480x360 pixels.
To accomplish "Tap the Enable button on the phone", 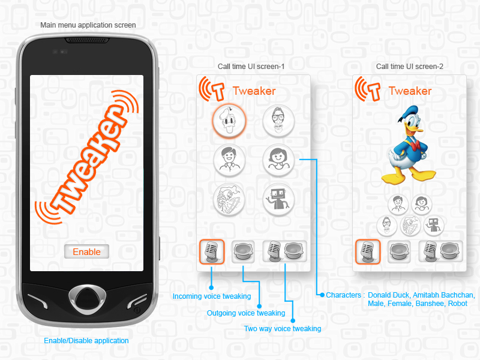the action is [x=86, y=251].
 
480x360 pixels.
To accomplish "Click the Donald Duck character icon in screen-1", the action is [x=229, y=121].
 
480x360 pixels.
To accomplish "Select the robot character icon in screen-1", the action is [x=278, y=200].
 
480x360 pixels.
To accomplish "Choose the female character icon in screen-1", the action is [x=278, y=160].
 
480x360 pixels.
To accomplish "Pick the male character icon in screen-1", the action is [x=229, y=160].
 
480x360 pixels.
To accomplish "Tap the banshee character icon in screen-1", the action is [x=229, y=200].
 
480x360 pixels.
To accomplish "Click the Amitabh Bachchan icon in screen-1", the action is [x=278, y=121].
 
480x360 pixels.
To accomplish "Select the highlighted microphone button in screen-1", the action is [x=212, y=251].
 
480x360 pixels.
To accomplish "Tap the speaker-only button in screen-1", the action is [x=243, y=251].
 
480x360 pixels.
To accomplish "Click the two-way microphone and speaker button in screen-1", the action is [x=285, y=251].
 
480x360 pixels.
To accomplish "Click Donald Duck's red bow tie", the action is [x=415, y=145].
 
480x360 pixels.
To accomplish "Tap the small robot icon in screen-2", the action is [x=434, y=226].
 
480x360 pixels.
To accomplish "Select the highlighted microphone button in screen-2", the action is [x=368, y=251].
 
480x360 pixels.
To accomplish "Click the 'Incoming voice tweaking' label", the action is [x=212, y=296].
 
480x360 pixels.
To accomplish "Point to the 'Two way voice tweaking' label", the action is [x=283, y=329].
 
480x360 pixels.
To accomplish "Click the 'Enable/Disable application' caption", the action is [x=86, y=341].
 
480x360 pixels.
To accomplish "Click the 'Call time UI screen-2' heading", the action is [x=410, y=67].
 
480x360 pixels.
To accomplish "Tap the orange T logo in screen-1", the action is [x=212, y=89].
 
